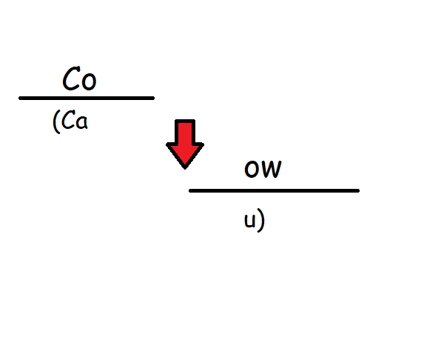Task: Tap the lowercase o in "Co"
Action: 89,81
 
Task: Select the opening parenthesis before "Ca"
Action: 56,121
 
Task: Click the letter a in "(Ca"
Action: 81,122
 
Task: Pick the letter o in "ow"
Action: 252,169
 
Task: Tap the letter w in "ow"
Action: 271,169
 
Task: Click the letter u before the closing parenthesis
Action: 249,221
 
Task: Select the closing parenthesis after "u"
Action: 261,220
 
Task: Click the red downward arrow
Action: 185,144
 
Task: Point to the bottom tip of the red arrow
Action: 185,169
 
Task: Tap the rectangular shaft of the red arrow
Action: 185,132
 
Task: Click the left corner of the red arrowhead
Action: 166,144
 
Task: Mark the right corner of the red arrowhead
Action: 203,144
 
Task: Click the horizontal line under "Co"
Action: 87,99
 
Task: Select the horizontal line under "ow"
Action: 275,191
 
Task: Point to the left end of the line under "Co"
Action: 19,99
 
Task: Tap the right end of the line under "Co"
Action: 154,99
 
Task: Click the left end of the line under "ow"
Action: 189,191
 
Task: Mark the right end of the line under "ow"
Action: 359,191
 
